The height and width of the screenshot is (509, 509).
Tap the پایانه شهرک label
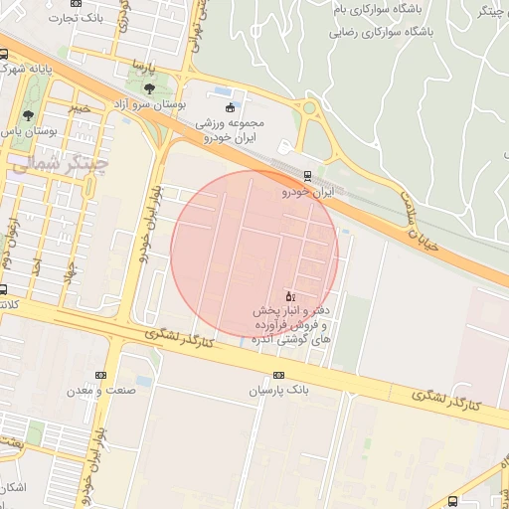[x=27, y=69]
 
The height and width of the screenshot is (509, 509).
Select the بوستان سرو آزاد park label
[x=150, y=104]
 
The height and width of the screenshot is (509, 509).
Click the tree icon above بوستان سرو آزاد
[x=150, y=89]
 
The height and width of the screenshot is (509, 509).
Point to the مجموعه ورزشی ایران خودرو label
[x=233, y=130]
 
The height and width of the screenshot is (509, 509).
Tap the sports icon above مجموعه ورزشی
[x=231, y=107]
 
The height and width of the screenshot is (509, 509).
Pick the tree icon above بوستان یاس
[x=28, y=116]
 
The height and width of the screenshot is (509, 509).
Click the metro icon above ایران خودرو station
[x=306, y=175]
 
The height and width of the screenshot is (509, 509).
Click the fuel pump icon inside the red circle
[x=289, y=295]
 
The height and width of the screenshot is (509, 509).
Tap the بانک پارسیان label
[x=279, y=391]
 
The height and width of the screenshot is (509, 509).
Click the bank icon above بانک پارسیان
[x=278, y=375]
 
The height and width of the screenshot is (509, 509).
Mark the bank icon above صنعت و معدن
[x=99, y=375]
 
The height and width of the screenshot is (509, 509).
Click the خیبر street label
[x=80, y=107]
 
